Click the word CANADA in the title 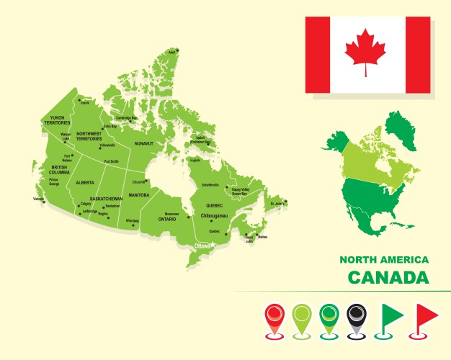(388, 277)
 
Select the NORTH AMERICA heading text (384, 259)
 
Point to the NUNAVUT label (145, 143)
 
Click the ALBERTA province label (85, 183)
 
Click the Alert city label (172, 52)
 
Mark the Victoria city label (38, 199)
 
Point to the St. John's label (277, 204)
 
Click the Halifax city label (262, 236)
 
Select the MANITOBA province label (139, 195)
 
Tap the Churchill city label (138, 182)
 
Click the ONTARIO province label (167, 219)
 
